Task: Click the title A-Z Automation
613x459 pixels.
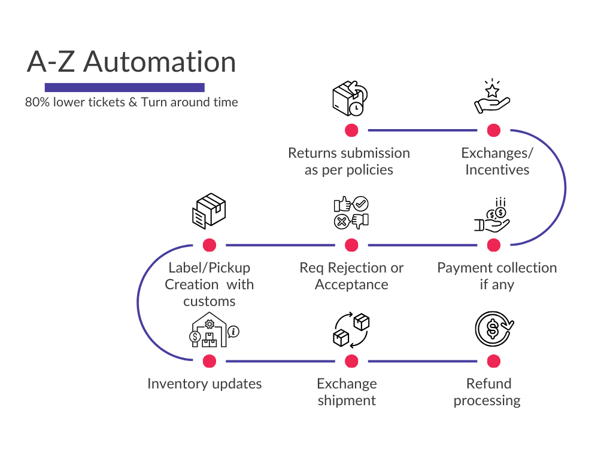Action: pos(132,62)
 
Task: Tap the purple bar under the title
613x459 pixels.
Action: pos(125,87)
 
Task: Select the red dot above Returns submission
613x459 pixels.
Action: pos(351,130)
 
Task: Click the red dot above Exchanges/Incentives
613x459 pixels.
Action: pos(493,130)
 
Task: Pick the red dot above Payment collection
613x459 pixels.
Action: pos(493,245)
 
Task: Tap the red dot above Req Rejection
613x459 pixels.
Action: pos(351,245)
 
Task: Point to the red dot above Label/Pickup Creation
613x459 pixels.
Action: pos(209,245)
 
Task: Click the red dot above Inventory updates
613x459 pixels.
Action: pos(209,361)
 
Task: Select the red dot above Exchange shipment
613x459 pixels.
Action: pos(351,361)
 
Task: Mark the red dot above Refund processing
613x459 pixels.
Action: pos(493,361)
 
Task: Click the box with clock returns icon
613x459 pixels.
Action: pos(350,98)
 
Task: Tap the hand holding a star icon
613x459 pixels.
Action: pos(491,97)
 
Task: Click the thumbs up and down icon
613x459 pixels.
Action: pos(351,213)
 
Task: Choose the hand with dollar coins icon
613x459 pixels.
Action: pos(492,215)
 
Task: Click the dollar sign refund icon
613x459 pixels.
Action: pos(493,328)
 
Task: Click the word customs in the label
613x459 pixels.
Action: pos(209,301)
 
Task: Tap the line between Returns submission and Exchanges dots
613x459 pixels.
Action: pos(422,130)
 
